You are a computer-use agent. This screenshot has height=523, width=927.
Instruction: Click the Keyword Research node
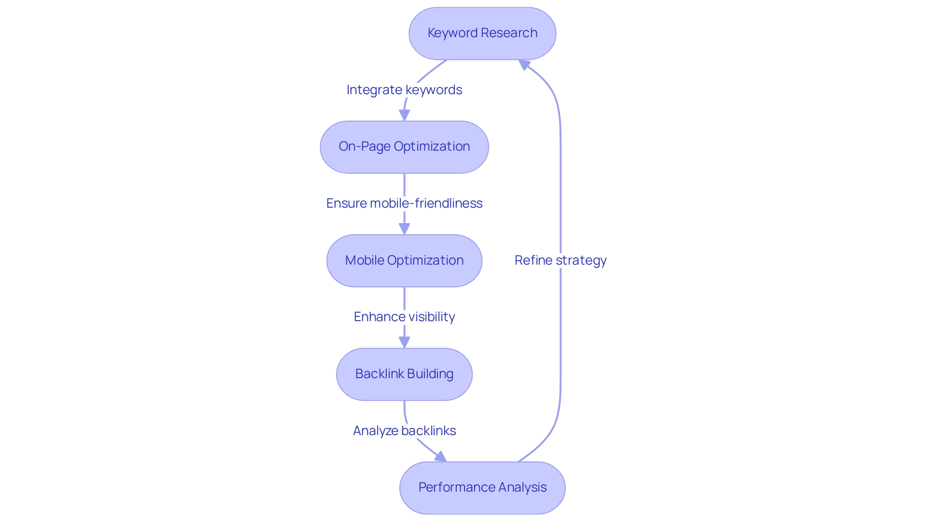click(482, 33)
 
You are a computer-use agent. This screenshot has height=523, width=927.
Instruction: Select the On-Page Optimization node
click(404, 147)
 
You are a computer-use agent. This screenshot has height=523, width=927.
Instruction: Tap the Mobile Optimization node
click(404, 261)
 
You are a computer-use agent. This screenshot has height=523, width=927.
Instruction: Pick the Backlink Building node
click(404, 374)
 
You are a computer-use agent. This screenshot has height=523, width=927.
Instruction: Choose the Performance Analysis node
click(482, 488)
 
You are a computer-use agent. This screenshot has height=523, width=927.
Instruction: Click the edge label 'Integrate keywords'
click(404, 90)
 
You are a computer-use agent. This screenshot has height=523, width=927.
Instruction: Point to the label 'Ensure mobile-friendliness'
click(404, 203)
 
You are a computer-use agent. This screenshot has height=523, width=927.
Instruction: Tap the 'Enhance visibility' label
click(404, 317)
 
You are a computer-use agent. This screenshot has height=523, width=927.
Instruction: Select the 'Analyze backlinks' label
click(404, 431)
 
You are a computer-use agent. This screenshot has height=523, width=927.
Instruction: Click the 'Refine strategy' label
click(560, 260)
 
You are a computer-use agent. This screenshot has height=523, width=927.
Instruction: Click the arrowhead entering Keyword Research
click(524, 64)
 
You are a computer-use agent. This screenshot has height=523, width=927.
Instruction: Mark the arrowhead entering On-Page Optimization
click(404, 115)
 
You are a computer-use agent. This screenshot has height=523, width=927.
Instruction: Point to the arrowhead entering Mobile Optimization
click(404, 229)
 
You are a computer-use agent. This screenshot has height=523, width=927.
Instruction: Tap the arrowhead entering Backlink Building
click(404, 342)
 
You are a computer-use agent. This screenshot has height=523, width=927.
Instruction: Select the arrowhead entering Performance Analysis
click(441, 456)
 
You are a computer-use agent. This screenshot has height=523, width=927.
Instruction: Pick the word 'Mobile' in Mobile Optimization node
click(365, 260)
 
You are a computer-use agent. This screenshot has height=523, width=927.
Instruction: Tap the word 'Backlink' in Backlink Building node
click(379, 374)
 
